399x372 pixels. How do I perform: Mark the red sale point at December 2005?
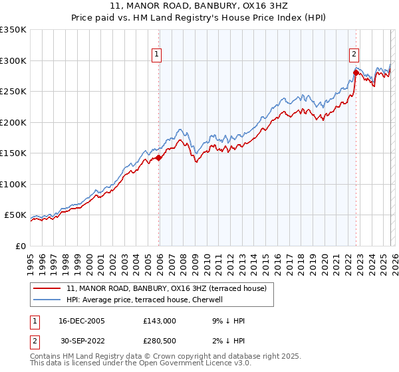[x=159, y=158]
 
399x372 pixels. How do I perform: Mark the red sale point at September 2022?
[x=356, y=73]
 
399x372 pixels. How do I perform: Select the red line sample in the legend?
[x=47, y=288]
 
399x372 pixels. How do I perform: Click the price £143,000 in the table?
[x=160, y=320]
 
